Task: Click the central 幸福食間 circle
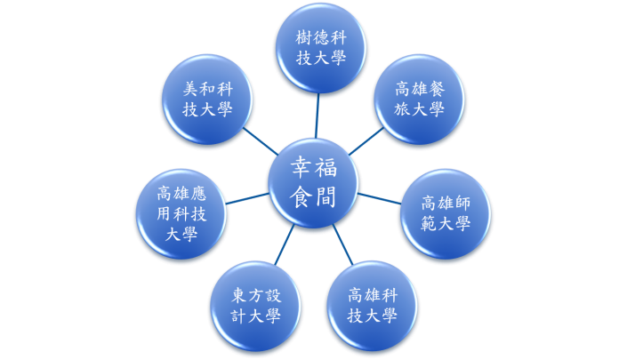[x=313, y=183]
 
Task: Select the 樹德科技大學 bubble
[x=321, y=48]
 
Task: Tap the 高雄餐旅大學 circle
[x=420, y=99]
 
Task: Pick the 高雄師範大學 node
[x=446, y=213]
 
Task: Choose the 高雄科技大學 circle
[x=372, y=306]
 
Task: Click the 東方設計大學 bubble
[x=255, y=306]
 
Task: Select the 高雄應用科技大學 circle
[x=181, y=213]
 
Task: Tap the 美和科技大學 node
[x=207, y=99]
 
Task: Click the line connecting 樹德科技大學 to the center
[x=318, y=116]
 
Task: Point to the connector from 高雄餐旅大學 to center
[x=366, y=141]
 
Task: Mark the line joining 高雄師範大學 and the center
[x=380, y=198]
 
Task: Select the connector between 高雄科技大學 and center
[x=343, y=244]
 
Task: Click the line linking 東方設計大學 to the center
[x=285, y=244]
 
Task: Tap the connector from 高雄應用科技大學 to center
[x=247, y=198]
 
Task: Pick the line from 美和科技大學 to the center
[x=261, y=141]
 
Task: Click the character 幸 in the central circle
[x=301, y=167]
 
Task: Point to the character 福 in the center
[x=326, y=167]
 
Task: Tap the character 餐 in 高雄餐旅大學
[x=437, y=89]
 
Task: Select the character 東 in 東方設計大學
[x=239, y=296]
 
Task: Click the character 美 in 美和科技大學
[x=190, y=89]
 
